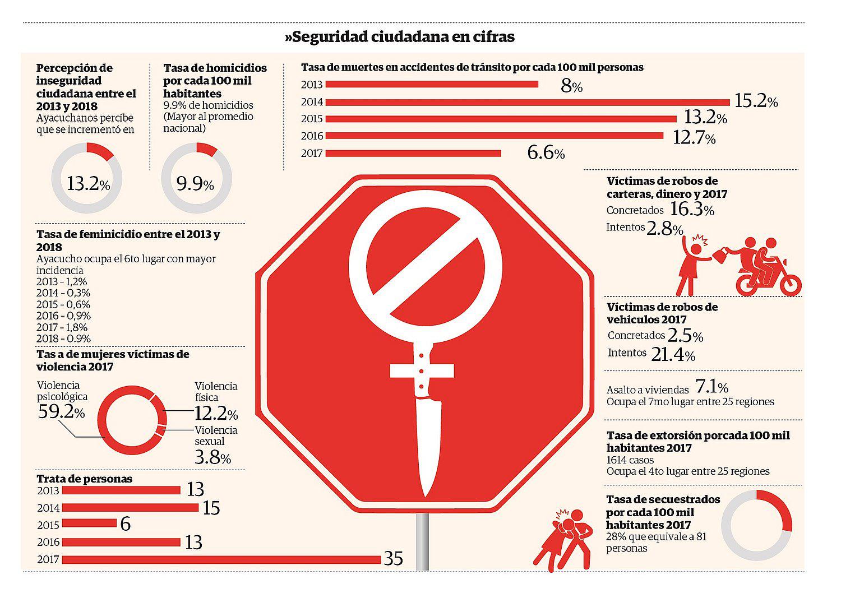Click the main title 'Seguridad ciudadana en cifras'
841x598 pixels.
click(x=400, y=37)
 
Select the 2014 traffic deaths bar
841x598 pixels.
click(x=527, y=102)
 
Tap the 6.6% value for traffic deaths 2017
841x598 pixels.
click(x=546, y=152)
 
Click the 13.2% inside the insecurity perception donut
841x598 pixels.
click(x=87, y=183)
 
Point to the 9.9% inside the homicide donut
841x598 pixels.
click(x=195, y=183)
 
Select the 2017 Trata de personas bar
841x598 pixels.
click(x=221, y=559)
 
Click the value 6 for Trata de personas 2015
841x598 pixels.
click(x=125, y=525)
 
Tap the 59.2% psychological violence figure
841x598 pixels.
click(x=61, y=413)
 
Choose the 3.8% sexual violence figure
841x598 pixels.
click(x=212, y=458)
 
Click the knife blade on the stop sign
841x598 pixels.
click(x=428, y=443)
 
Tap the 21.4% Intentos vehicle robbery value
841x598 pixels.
click(x=673, y=354)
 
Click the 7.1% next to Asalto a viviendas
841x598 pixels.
click(x=711, y=387)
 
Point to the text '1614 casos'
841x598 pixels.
click(x=630, y=460)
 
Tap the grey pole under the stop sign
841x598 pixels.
click(x=423, y=541)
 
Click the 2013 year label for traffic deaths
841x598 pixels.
click(x=312, y=85)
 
